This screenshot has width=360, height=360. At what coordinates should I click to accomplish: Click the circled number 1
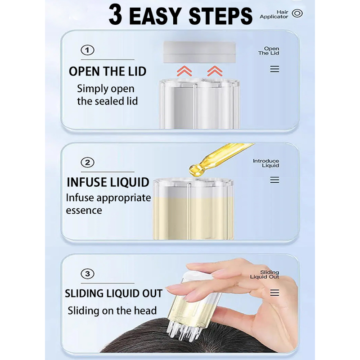(87, 50)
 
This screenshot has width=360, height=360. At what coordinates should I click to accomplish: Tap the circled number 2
(87, 162)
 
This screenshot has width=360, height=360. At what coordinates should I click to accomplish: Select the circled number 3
(87, 274)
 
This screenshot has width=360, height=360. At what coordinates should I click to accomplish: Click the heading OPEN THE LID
(108, 71)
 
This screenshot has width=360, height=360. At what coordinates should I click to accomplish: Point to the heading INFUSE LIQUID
(108, 182)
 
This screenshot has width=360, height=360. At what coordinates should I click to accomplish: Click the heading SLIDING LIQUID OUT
(114, 293)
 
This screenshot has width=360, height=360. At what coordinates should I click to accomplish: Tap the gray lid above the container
(199, 52)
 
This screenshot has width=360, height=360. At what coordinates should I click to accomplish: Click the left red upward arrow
(184, 71)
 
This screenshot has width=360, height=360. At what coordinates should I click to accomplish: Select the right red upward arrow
(215, 71)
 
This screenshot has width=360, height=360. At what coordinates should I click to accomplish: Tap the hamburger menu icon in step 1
(274, 69)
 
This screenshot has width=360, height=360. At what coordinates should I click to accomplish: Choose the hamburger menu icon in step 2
(274, 180)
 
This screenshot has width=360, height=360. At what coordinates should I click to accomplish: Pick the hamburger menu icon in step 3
(274, 293)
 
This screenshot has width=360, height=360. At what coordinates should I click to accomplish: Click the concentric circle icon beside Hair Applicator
(297, 13)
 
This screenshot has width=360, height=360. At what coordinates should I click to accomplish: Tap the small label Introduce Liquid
(266, 163)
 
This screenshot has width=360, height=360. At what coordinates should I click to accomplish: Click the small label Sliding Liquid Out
(265, 274)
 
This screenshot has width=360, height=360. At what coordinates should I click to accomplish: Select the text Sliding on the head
(112, 310)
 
